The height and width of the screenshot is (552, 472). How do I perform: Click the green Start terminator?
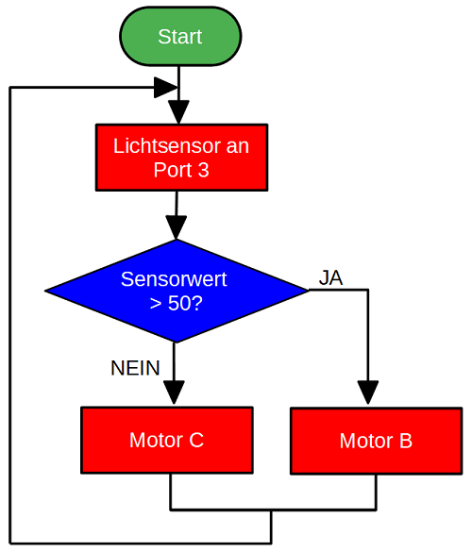click(180, 36)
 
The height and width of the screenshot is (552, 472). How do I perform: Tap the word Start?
click(180, 37)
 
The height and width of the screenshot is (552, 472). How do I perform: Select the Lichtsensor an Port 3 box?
click(181, 158)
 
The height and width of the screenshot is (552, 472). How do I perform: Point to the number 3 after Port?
click(203, 170)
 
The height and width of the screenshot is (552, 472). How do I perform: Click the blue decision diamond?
click(177, 291)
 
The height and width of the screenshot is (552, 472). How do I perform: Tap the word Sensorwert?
click(174, 279)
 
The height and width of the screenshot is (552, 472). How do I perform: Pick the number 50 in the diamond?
click(179, 303)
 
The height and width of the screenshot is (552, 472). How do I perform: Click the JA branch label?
click(330, 277)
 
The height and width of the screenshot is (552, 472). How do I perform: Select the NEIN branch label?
click(135, 368)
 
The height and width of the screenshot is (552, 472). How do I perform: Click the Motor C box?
click(167, 440)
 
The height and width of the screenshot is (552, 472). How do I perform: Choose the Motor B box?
click(377, 441)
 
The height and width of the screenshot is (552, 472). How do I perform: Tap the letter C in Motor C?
click(196, 440)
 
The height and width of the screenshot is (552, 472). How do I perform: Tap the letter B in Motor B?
click(405, 441)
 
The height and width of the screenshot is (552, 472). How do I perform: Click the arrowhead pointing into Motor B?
click(368, 393)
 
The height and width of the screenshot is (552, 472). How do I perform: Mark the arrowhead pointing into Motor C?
click(174, 392)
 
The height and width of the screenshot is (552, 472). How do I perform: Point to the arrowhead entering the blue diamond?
click(177, 227)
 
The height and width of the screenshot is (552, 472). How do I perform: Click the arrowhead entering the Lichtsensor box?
click(179, 112)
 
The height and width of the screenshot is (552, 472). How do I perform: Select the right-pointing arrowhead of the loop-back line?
click(166, 88)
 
